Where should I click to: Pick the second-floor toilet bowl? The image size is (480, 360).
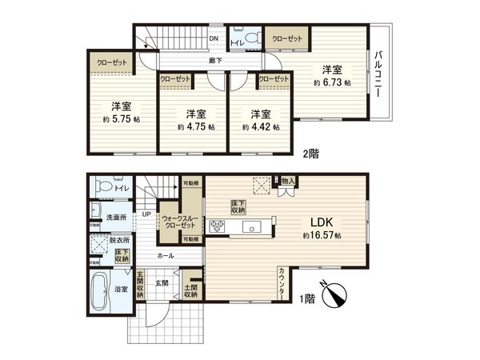[x=252, y=38]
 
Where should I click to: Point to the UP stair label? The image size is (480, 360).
[x=146, y=214]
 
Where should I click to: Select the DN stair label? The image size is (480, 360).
[x=214, y=38]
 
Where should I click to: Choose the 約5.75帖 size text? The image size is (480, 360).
[x=121, y=118]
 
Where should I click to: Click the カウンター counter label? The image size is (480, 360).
[x=284, y=284]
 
